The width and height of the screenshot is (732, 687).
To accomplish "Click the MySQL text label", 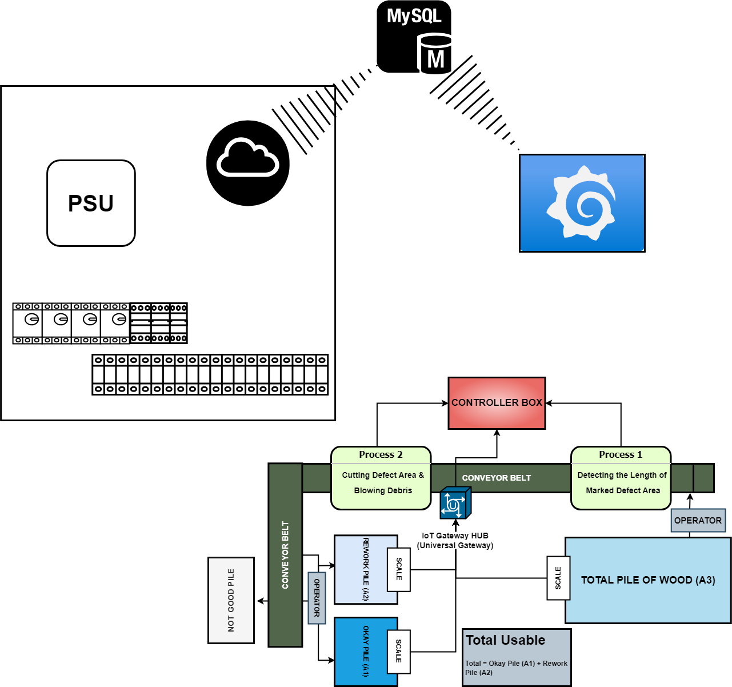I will tap(414, 15).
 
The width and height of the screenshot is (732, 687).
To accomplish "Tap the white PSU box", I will tap(91, 203).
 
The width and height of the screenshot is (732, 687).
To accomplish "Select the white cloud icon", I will tap(247, 158).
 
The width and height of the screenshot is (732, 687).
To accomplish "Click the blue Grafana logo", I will tap(582, 203).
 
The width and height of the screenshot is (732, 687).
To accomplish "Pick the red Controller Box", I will tap(497, 402).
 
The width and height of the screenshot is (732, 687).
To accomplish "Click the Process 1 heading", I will tap(621, 455).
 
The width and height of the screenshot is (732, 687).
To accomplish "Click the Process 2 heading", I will tap(381, 455).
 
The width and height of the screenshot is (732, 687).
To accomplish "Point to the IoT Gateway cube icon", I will tap(455, 503).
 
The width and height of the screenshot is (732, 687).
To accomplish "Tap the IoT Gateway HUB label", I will tap(455, 540).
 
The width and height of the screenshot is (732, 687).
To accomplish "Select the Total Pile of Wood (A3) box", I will tap(648, 580).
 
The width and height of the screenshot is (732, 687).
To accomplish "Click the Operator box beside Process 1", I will tap(698, 520).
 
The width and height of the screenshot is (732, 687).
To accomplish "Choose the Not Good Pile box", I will tap(231, 600).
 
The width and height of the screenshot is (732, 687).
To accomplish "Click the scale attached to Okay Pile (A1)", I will tap(399, 652).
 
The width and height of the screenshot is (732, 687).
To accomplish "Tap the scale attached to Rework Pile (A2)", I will tap(399, 569).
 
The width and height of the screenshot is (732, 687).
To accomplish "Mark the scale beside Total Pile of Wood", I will tap(558, 578).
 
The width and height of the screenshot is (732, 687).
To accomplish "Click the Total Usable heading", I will tap(505, 640).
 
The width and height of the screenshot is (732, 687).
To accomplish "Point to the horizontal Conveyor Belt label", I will tap(497, 478).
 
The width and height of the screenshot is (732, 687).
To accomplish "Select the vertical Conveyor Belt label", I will tap(285, 554).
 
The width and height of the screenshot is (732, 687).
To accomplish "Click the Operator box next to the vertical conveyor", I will tap(317, 598).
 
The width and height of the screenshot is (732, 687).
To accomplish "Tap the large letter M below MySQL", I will tap(435, 59).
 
